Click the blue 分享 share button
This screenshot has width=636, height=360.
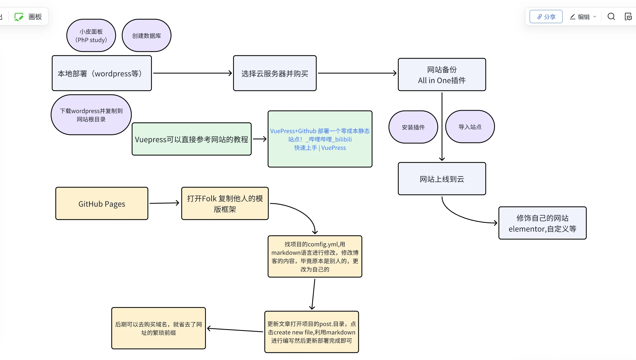pyautogui.click(x=546, y=17)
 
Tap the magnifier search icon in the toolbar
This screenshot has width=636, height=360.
pyautogui.click(x=611, y=17)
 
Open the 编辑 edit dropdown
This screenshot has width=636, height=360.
pyautogui.click(x=583, y=17)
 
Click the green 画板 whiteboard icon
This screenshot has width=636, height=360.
pyautogui.click(x=19, y=17)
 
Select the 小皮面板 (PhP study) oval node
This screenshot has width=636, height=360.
pyautogui.click(x=91, y=36)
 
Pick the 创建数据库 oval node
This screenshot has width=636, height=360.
pyautogui.click(x=147, y=36)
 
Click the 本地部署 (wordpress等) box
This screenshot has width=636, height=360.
pyautogui.click(x=102, y=73)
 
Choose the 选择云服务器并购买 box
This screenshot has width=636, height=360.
pyautogui.click(x=275, y=73)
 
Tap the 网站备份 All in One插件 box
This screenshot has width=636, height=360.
pyautogui.click(x=442, y=75)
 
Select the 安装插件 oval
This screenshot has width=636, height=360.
pyautogui.click(x=413, y=127)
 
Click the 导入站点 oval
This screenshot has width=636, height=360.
pyautogui.click(x=470, y=127)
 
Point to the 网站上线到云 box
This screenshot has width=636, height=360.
pyautogui.click(x=442, y=179)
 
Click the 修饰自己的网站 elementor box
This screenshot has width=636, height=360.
pyautogui.click(x=542, y=223)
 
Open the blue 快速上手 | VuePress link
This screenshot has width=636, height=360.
pyautogui.click(x=320, y=148)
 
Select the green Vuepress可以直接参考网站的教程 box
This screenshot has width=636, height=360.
pyautogui.click(x=192, y=139)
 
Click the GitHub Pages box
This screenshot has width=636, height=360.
pyautogui.click(x=102, y=204)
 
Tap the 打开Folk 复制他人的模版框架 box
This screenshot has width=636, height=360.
pyautogui.click(x=225, y=204)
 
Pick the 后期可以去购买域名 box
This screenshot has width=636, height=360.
pyautogui.click(x=158, y=328)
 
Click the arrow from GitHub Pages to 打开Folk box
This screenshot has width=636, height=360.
pyautogui.click(x=164, y=203)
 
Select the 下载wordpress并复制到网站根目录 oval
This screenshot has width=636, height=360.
pyautogui.click(x=91, y=115)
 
